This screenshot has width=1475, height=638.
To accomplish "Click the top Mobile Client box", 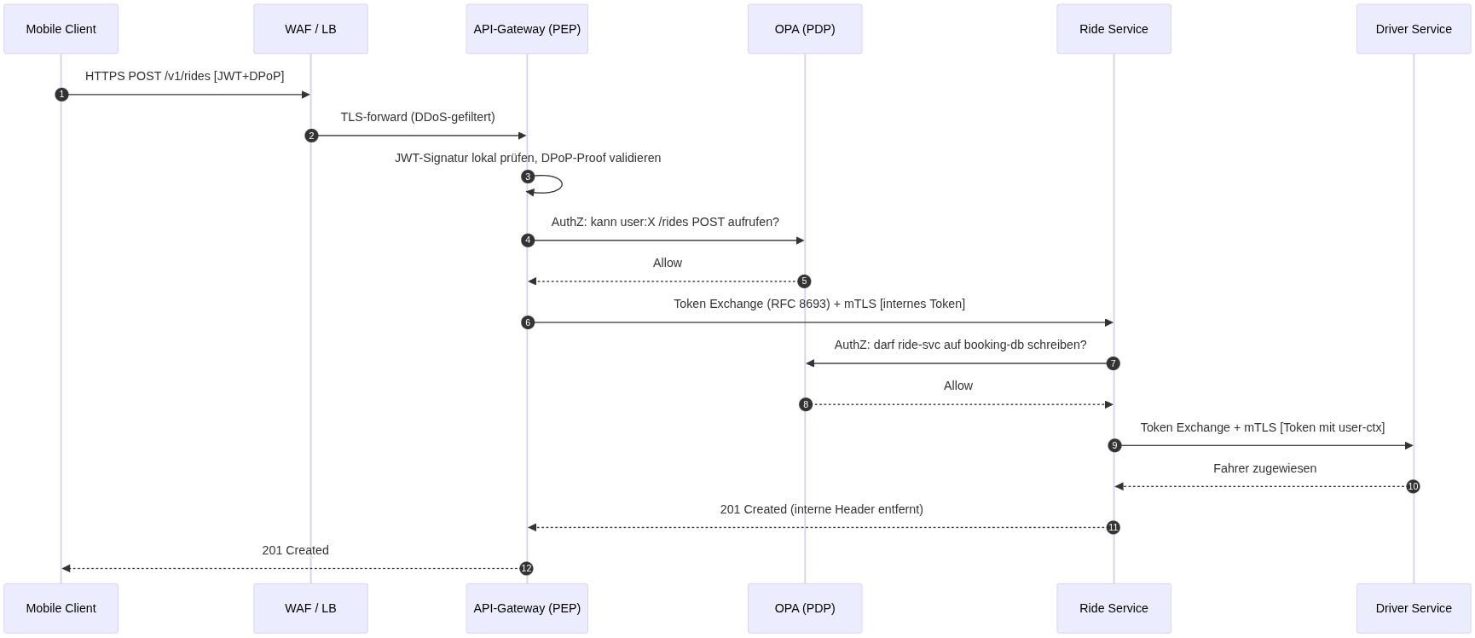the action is (61, 29).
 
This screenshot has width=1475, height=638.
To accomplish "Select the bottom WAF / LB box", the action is (310, 608).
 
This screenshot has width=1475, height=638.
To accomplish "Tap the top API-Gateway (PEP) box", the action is (527, 29).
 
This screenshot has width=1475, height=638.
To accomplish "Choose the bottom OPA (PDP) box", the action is (805, 608).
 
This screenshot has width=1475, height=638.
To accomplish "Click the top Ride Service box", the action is (1113, 29).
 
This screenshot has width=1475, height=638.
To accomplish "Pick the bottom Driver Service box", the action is (1414, 608).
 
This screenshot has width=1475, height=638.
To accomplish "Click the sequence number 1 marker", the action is (61, 95).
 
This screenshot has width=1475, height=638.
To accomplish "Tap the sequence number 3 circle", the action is (528, 177).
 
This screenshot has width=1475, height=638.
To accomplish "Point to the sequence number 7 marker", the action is (1113, 363).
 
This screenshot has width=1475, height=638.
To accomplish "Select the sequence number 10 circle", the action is (1413, 486).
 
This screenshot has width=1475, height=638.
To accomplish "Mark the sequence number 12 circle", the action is (526, 568).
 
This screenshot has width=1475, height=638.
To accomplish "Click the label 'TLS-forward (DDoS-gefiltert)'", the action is (418, 117).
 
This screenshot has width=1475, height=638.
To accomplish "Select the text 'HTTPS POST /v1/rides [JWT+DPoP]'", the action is (185, 76).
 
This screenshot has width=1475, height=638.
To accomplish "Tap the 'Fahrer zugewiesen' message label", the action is (1264, 468).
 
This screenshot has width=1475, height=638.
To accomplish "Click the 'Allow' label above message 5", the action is (668, 263).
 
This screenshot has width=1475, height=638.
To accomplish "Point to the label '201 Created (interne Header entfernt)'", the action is (821, 509).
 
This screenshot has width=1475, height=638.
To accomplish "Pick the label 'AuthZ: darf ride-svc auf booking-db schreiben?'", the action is (960, 345).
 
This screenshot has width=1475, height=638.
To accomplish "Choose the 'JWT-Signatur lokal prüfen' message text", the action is (465, 158).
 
